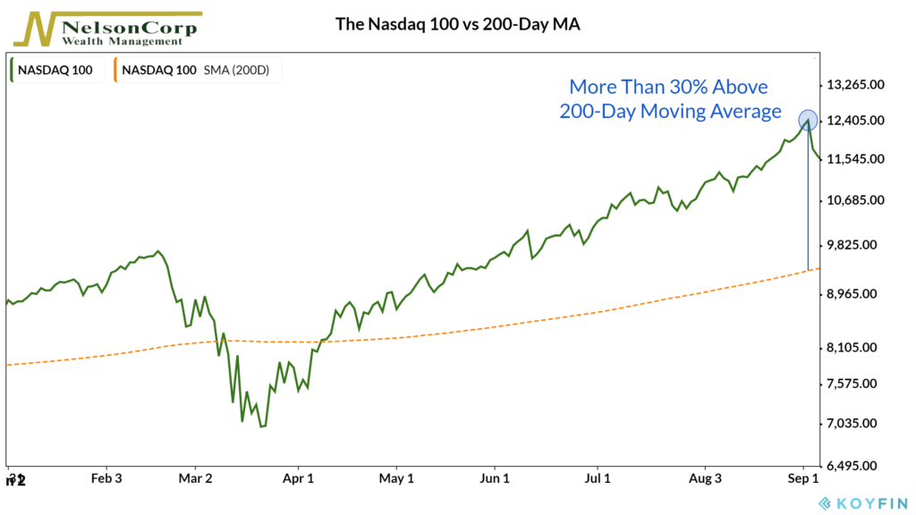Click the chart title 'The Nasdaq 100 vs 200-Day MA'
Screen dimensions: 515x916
click(458, 24)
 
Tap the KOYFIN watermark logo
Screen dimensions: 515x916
click(863, 502)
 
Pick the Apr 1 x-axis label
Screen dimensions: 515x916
click(299, 479)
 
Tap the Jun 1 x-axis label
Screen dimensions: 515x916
click(495, 479)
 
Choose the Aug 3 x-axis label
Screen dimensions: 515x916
click(705, 479)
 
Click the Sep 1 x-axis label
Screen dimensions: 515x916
click(803, 479)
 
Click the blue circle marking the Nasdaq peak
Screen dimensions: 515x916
click(807, 121)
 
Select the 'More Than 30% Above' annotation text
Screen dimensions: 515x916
click(669, 88)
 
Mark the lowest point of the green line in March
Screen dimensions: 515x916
click(261, 426)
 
